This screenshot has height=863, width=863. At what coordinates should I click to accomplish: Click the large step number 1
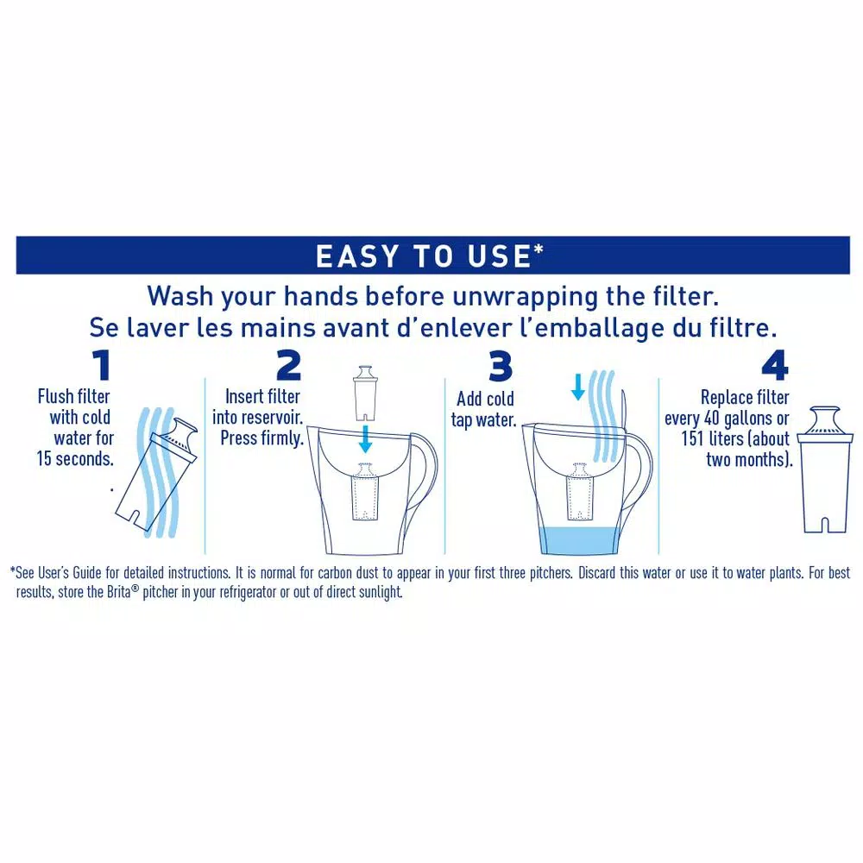point(102,366)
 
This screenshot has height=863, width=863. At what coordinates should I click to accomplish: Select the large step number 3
point(501,366)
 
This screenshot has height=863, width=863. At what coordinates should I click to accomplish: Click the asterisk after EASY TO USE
point(539,251)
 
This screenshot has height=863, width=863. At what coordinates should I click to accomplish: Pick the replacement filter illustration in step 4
point(824,470)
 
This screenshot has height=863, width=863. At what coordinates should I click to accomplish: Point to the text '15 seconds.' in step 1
point(73,458)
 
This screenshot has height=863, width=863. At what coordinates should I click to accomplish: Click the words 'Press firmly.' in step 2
point(261,438)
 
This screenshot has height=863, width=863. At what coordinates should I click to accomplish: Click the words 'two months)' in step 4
point(747,458)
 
